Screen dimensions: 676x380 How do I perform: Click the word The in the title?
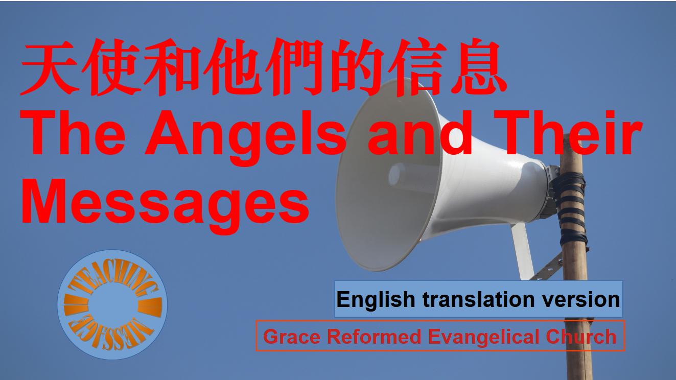(74, 133)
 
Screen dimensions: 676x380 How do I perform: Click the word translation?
(479, 299)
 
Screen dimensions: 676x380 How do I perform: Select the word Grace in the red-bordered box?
(292, 337)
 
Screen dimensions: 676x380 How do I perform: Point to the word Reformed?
(374, 337)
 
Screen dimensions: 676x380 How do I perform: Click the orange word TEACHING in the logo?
(112, 280)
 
